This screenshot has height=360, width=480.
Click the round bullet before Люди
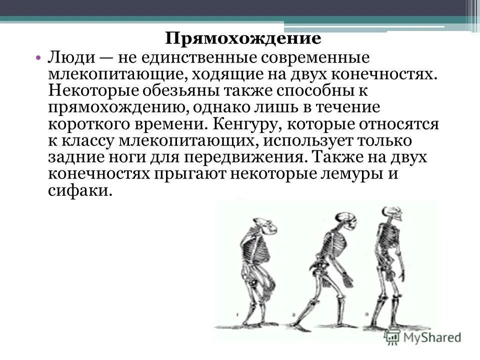click(x=39, y=58)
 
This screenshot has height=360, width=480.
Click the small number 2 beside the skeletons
click(x=295, y=315)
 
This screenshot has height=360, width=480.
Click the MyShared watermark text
click(x=430, y=336)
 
